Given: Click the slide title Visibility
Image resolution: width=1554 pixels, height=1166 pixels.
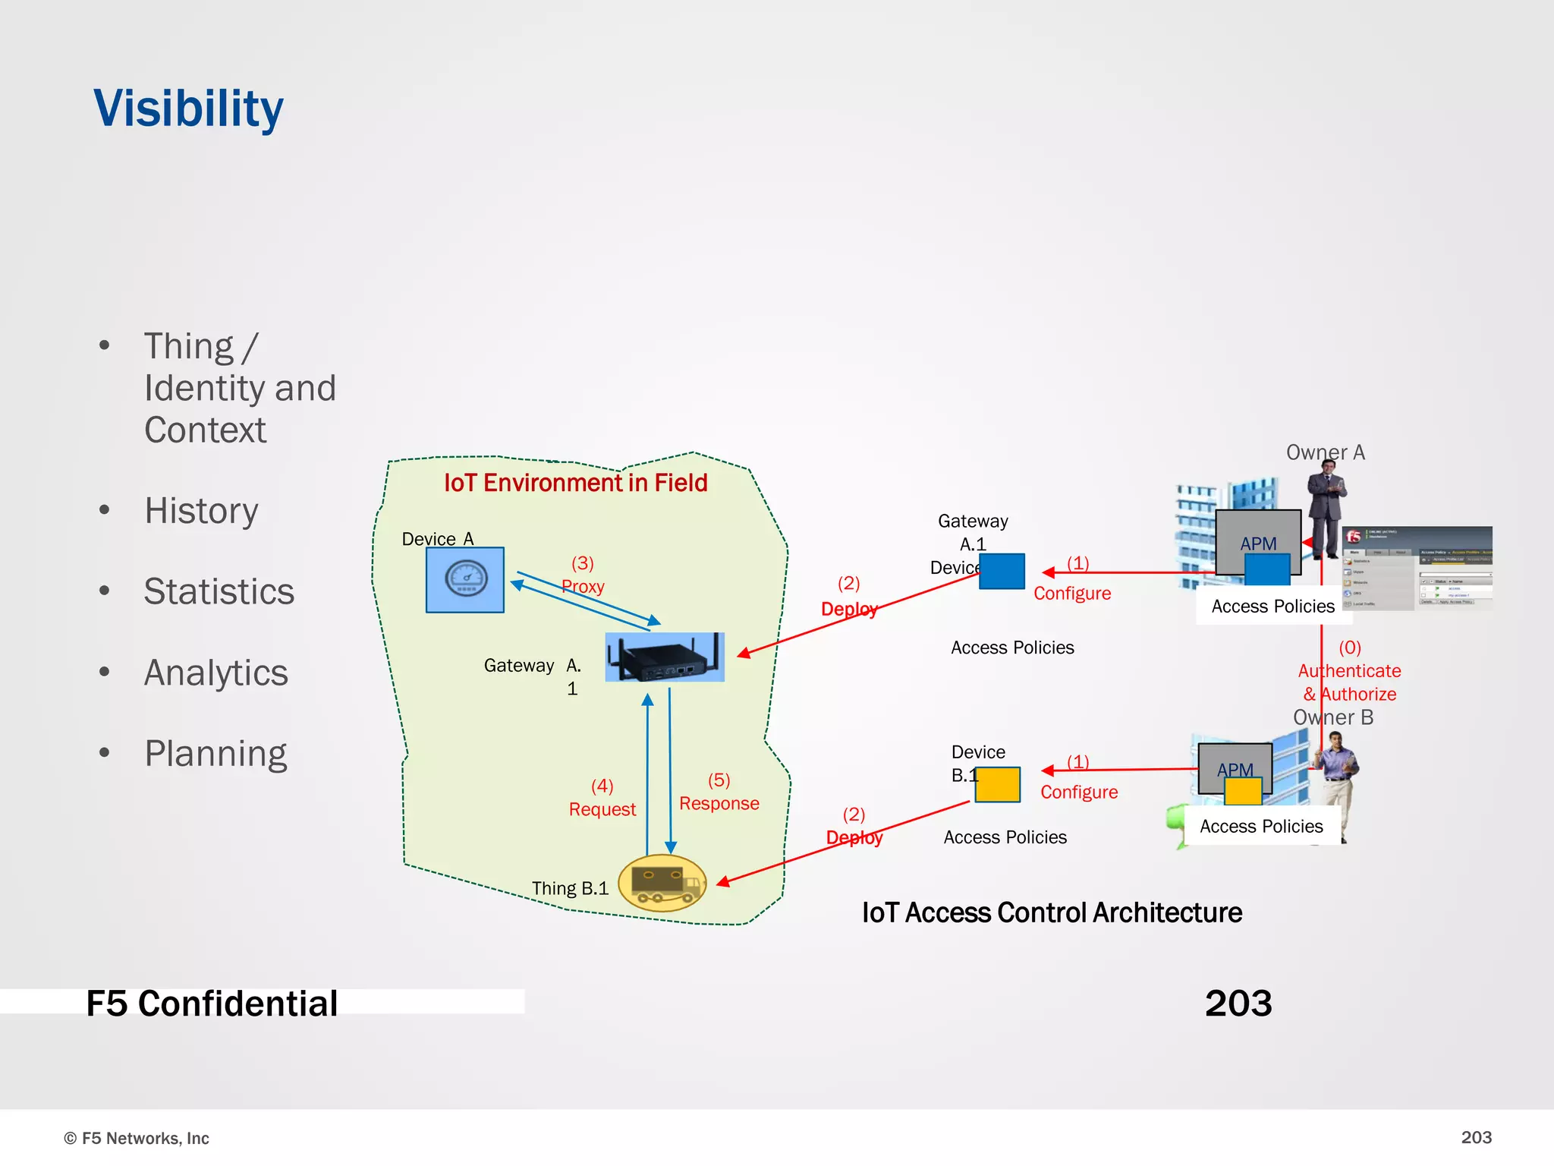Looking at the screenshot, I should pyautogui.click(x=188, y=109).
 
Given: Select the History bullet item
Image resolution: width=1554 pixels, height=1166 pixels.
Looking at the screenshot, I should pyautogui.click(x=201, y=511).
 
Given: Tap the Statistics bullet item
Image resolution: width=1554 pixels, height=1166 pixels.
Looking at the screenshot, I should pyautogui.click(x=219, y=592).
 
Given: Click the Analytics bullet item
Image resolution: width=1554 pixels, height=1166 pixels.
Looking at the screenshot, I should pyautogui.click(x=216, y=673).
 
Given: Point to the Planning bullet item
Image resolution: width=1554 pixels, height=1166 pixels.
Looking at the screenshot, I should pyautogui.click(x=215, y=754).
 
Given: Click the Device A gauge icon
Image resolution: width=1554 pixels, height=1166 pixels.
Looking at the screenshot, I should pyautogui.click(x=465, y=580).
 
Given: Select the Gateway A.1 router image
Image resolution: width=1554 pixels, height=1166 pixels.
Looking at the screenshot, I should pyautogui.click(x=665, y=657).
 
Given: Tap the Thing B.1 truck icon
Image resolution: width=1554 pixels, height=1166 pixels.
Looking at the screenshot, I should pyautogui.click(x=662, y=883).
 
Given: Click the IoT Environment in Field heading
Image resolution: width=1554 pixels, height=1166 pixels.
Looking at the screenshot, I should pyautogui.click(x=575, y=483).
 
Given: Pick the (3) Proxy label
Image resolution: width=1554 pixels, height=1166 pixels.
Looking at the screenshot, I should pyautogui.click(x=583, y=575).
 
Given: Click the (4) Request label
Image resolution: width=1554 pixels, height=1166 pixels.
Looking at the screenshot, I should pyautogui.click(x=602, y=798).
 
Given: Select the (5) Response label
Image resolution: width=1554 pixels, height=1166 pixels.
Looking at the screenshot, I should pyautogui.click(x=719, y=793).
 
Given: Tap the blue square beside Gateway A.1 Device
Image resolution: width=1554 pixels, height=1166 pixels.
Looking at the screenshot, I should pyautogui.click(x=1002, y=572).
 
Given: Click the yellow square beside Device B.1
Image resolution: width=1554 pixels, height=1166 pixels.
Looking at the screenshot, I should pyautogui.click(x=997, y=784).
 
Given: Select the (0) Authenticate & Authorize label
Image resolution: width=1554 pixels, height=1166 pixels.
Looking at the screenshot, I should pyautogui.click(x=1349, y=671).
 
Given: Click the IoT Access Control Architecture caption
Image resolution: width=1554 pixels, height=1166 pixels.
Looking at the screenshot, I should pyautogui.click(x=1052, y=913).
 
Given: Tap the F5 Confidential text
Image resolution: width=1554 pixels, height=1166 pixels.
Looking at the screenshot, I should pyautogui.click(x=212, y=1004).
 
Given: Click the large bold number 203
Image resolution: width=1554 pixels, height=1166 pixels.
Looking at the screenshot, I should pyautogui.click(x=1238, y=1004).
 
